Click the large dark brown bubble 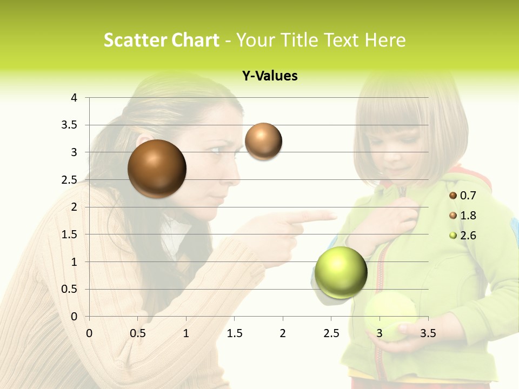tap(157, 169)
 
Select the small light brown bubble tap(263, 141)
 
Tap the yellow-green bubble tap(341, 272)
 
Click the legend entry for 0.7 tap(463, 195)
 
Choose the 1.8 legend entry tap(463, 216)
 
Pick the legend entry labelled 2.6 tap(463, 236)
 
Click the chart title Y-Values tap(269, 76)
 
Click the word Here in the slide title tap(384, 40)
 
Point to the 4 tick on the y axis tap(74, 98)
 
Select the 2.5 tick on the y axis tap(70, 180)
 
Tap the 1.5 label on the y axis tap(70, 234)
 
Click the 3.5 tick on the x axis tap(428, 333)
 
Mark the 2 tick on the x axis tap(283, 333)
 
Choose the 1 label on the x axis tap(186, 333)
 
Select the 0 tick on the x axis tap(89, 333)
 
